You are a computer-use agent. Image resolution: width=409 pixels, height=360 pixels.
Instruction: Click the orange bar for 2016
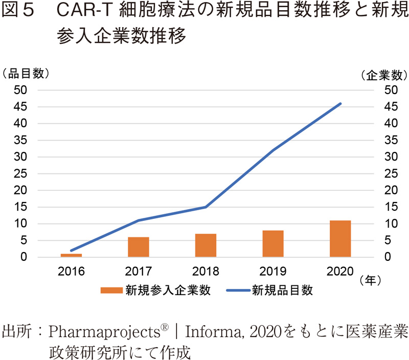click(x=71, y=255)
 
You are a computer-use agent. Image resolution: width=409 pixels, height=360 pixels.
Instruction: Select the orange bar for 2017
click(x=139, y=247)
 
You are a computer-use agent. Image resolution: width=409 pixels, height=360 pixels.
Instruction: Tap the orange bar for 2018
click(x=206, y=245)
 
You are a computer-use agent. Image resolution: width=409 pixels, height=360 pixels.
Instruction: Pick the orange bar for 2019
click(x=273, y=244)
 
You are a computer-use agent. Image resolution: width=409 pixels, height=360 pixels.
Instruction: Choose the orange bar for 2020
click(x=340, y=239)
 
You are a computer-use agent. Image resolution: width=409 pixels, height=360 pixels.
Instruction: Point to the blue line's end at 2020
click(x=340, y=104)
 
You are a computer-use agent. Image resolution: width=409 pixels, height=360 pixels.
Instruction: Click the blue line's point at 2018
click(x=206, y=207)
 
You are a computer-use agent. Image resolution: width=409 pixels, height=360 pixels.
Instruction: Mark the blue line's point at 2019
click(x=273, y=150)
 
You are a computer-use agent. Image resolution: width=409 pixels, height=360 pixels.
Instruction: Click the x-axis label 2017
click(x=139, y=271)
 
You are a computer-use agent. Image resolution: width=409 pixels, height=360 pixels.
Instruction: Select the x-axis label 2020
click(x=340, y=271)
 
